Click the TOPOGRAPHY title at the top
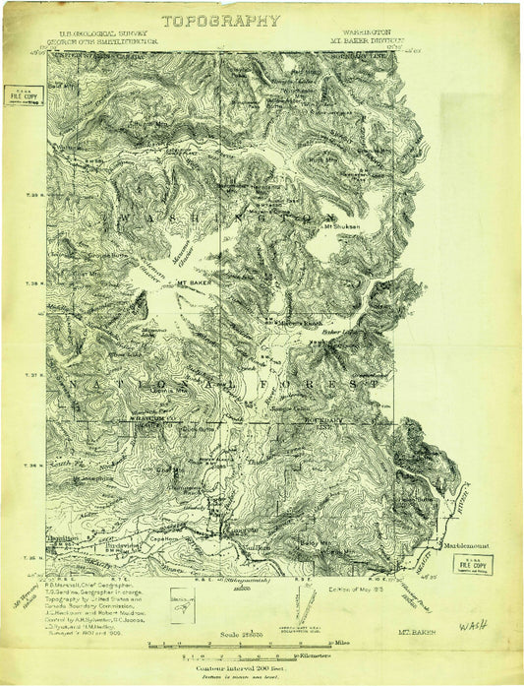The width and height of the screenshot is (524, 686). coord(221,21)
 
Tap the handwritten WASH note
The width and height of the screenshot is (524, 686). coord(473,626)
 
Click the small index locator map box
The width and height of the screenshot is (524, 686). coord(182,600)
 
